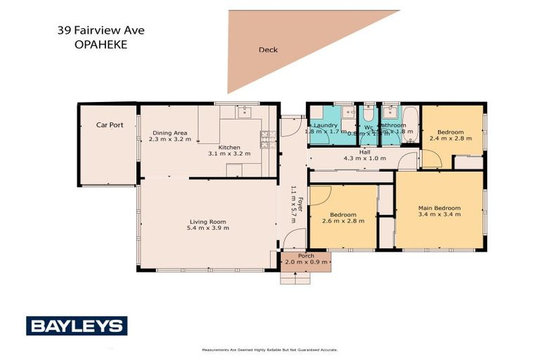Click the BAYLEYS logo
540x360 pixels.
77,326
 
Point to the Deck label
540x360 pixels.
267,50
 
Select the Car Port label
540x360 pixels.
110,125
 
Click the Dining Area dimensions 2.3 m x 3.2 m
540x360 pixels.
171,139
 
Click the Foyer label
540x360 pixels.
300,207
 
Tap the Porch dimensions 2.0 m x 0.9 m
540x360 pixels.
306,262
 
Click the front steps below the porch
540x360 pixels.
295,277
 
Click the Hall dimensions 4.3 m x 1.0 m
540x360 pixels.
364,159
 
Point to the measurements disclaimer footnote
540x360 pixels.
269,349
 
